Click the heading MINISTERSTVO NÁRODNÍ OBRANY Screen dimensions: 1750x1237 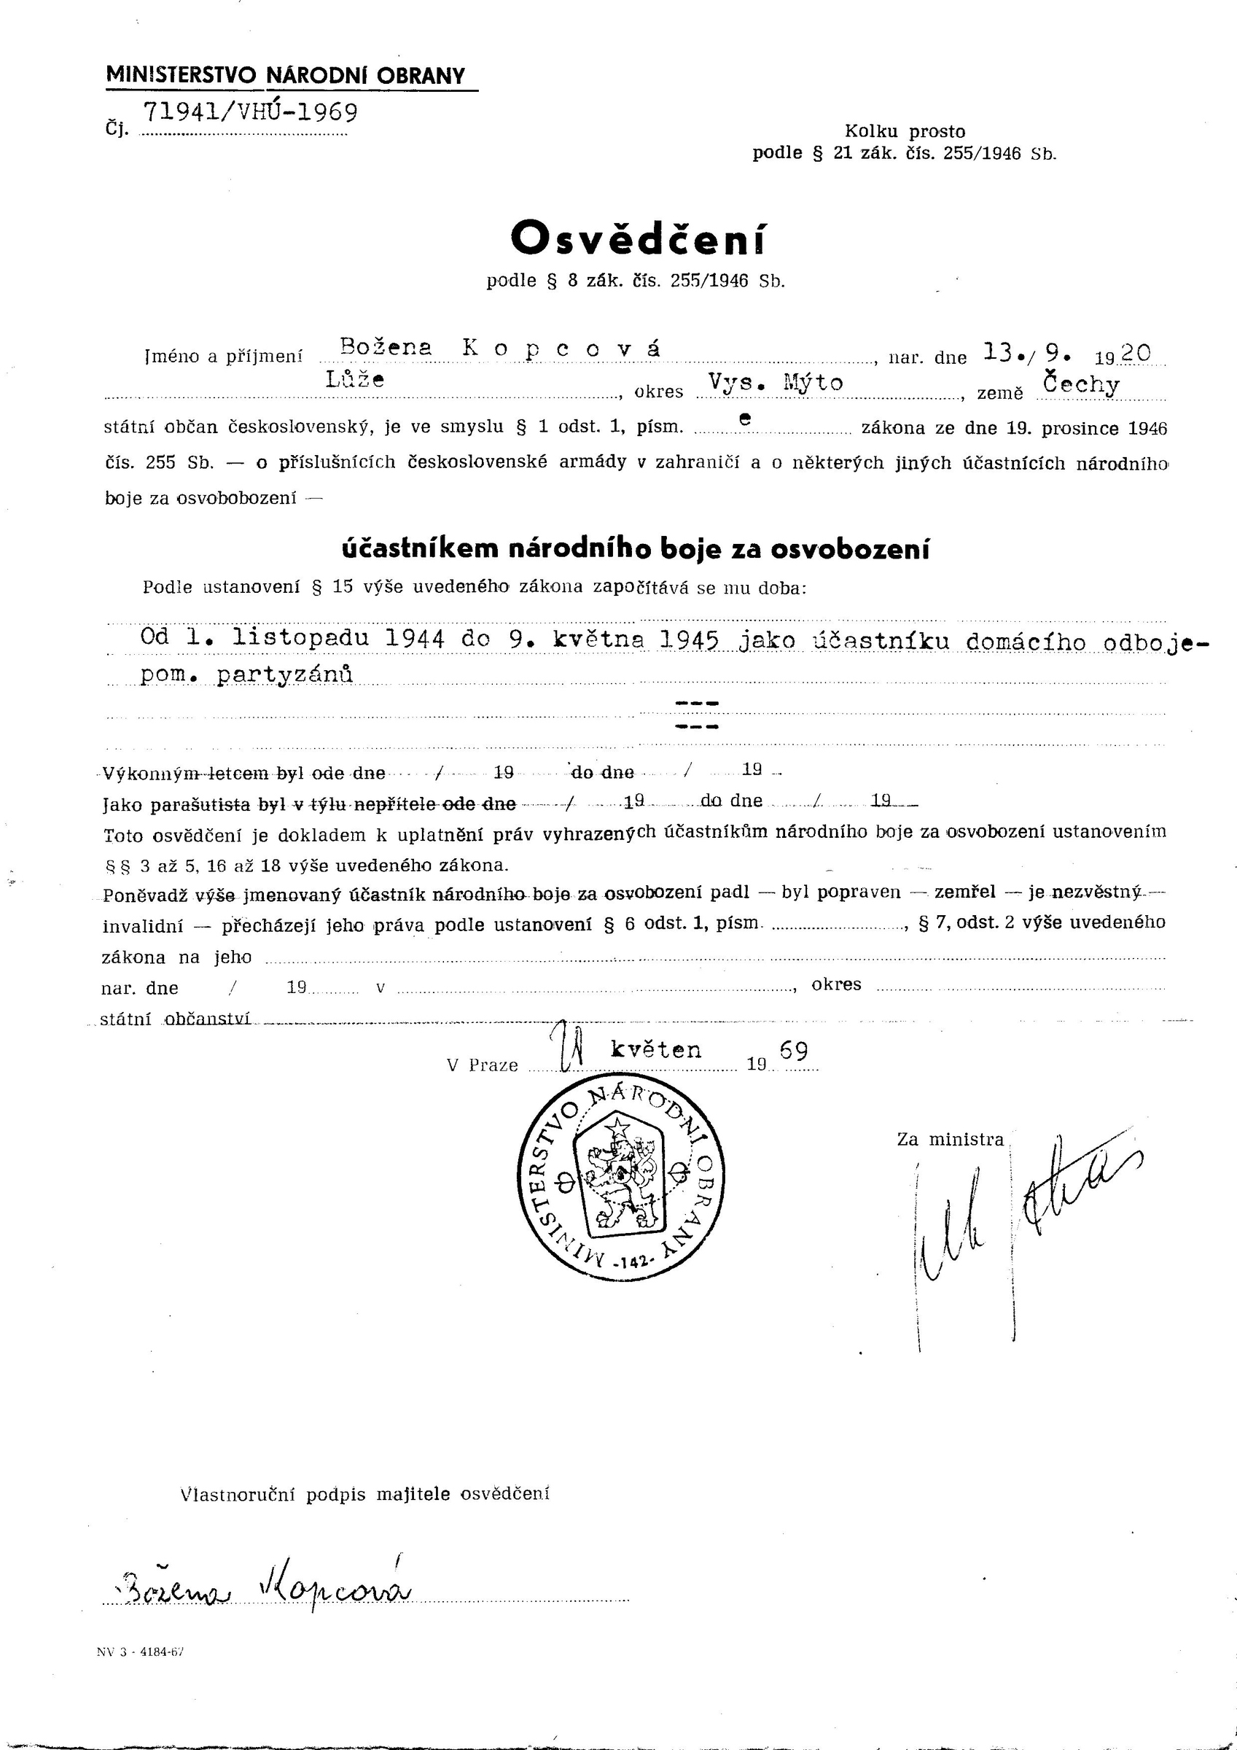coord(285,75)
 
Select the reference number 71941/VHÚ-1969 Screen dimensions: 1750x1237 coord(250,112)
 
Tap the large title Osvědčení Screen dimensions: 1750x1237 coord(638,239)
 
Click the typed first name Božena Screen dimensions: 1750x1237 coord(386,348)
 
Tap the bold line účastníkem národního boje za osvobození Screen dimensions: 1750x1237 coord(635,549)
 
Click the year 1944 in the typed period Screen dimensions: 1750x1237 coord(415,638)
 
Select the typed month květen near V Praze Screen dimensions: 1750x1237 coord(655,1050)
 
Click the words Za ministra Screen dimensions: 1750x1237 coord(951,1140)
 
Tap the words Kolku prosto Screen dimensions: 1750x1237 coord(905,131)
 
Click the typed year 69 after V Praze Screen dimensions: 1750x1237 coord(793,1052)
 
